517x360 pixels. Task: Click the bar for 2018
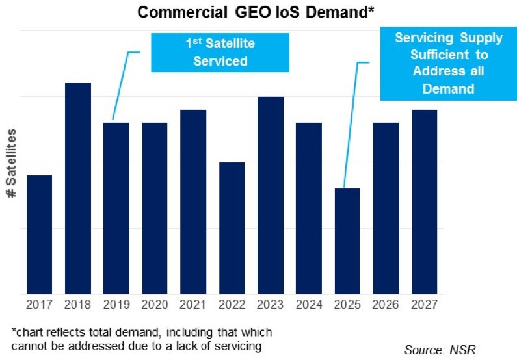pyautogui.click(x=78, y=188)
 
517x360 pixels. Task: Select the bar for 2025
pyautogui.click(x=347, y=241)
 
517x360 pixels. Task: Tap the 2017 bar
pyautogui.click(x=40, y=235)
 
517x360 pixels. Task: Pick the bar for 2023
pyautogui.click(x=271, y=195)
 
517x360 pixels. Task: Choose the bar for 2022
pyautogui.click(x=232, y=228)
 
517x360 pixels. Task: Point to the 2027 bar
pyautogui.click(x=425, y=201)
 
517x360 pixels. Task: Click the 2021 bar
pyautogui.click(x=193, y=201)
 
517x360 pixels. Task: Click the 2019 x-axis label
pyautogui.click(x=116, y=303)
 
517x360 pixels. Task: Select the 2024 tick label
pyautogui.click(x=309, y=303)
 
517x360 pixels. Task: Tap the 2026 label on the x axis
pyautogui.click(x=386, y=303)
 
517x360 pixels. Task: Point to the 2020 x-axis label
pyautogui.click(x=155, y=303)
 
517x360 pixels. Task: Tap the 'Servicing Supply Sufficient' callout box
pyautogui.click(x=448, y=63)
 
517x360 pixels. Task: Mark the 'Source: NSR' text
pyautogui.click(x=440, y=350)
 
